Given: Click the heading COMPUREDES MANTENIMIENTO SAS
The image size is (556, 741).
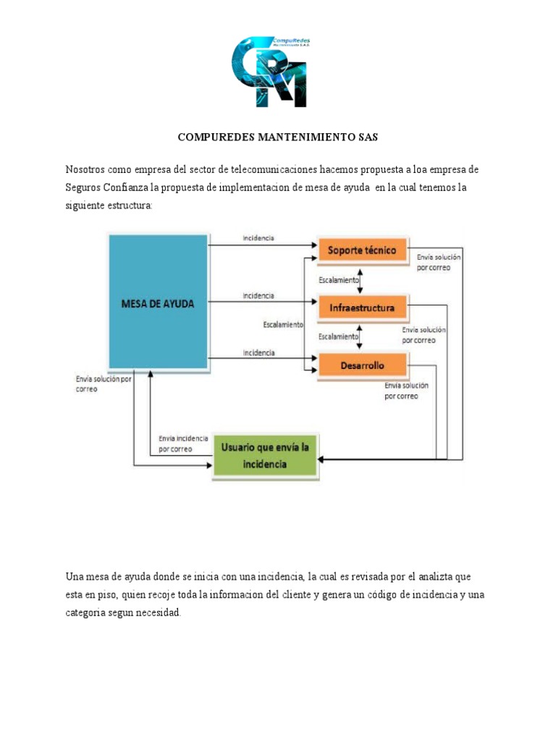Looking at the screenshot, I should pyautogui.click(x=278, y=136).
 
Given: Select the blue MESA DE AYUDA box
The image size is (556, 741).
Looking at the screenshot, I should pyautogui.click(x=159, y=302).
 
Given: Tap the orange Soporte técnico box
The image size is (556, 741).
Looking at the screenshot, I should pyautogui.click(x=362, y=250).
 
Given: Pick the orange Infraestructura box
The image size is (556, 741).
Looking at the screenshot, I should pyautogui.click(x=362, y=308).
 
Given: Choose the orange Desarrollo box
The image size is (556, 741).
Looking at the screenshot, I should pyautogui.click(x=362, y=365).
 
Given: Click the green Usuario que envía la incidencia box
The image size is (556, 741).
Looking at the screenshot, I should pyautogui.click(x=265, y=457).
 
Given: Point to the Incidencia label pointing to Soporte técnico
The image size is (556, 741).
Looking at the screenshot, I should pyautogui.click(x=258, y=238).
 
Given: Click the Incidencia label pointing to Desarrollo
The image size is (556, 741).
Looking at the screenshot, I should pyautogui.click(x=258, y=352).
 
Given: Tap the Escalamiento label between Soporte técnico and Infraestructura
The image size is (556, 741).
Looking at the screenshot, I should pyautogui.click(x=338, y=279).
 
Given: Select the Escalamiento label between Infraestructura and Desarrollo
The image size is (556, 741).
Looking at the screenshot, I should pyautogui.click(x=338, y=336).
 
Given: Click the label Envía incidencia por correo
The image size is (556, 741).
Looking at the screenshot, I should pyautogui.click(x=182, y=444).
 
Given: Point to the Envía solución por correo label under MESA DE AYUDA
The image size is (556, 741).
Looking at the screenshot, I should pyautogui.click(x=103, y=384).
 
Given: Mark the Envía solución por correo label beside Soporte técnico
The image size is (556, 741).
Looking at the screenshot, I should pyautogui.click(x=439, y=262).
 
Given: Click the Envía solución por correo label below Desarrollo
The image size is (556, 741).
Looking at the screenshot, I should pyautogui.click(x=411, y=391).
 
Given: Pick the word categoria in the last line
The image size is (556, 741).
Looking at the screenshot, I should pyautogui.click(x=88, y=613).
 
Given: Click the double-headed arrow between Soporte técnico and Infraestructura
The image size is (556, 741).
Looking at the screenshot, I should pyautogui.click(x=360, y=279).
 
